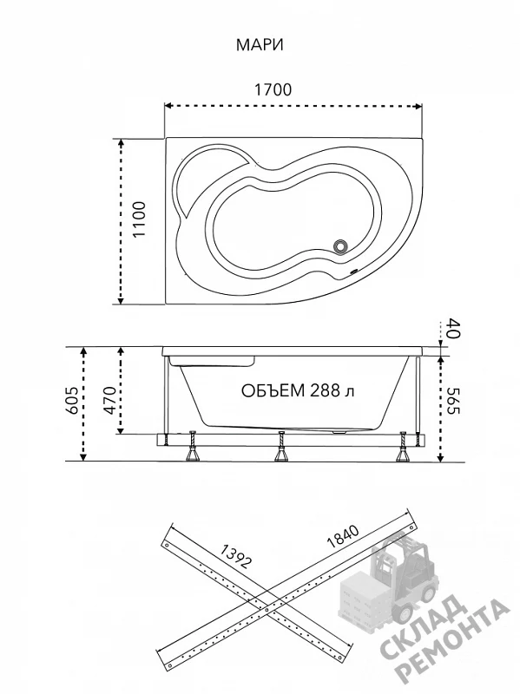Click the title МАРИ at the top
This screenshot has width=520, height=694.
pos(260,45)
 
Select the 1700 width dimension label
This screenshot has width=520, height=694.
pos(273,90)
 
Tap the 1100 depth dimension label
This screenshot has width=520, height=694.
pos(140,219)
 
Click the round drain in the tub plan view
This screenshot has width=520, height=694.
pos(340,246)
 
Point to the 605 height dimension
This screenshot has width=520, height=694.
pos(72,400)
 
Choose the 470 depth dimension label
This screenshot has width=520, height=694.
pos(109,400)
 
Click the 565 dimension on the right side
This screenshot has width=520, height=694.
pos(454,401)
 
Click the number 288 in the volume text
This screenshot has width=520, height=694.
pos(326,391)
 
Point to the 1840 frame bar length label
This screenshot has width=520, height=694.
pos(342,536)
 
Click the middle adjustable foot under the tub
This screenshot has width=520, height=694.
pos(280,447)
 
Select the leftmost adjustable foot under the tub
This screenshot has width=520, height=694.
pos(193,447)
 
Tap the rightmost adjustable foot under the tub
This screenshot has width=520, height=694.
pos(404,447)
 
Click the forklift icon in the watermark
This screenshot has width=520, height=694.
pos(390,575)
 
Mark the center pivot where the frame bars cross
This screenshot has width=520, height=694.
pos(267,611)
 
